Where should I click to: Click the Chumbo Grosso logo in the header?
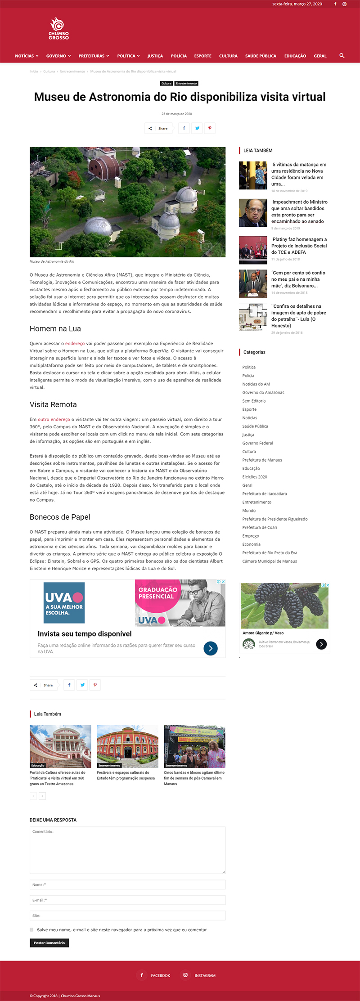pos(58,29)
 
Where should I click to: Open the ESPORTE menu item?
pos(202,56)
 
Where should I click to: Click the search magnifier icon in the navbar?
pos(342,56)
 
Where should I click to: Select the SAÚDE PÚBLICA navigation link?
pos(261,56)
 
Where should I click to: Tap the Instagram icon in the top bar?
pos(345,4)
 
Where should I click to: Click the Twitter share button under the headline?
pos(197,128)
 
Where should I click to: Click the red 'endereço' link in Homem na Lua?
pos(75,344)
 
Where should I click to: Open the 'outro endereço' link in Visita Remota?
pos(54,420)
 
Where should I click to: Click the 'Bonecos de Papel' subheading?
pos(60,517)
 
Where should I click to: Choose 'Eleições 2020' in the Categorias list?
pos(255,477)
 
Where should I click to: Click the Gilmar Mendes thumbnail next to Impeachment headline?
pos(253,213)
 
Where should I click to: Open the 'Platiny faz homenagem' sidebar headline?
pos(299,246)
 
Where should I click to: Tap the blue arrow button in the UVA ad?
pos(211,648)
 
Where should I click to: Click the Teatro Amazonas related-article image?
pos(60,746)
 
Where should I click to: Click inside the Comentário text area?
pos(127,850)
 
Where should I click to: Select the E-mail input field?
pos(127,900)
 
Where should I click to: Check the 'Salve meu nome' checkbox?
pos(31,929)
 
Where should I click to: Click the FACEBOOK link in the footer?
pos(160,975)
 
